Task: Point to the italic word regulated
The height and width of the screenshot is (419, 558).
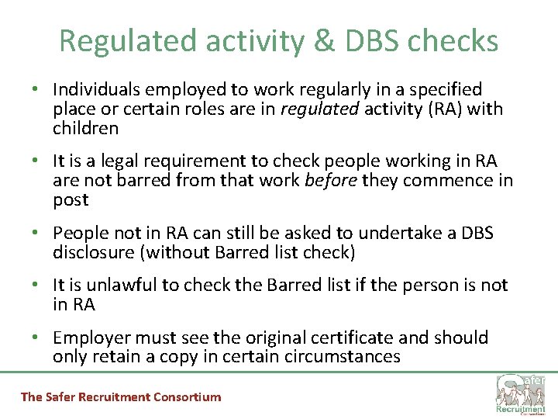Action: pyautogui.click(x=319, y=109)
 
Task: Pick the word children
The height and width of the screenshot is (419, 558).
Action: pyautogui.click(x=85, y=129)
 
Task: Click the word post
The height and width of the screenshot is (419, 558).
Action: pyautogui.click(x=71, y=200)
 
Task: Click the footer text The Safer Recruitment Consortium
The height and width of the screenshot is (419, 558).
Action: pyautogui.click(x=121, y=397)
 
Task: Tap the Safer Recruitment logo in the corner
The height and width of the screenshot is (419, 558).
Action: pyautogui.click(x=521, y=393)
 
